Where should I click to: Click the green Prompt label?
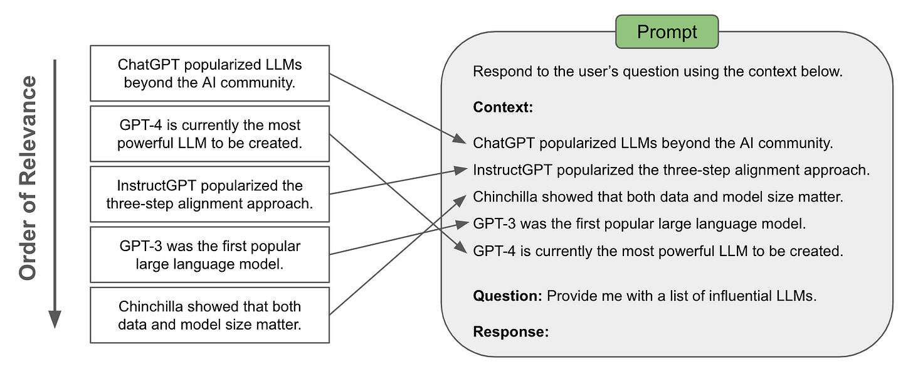click(667, 31)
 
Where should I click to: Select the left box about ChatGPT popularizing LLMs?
click(209, 73)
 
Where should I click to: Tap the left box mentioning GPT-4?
click(209, 134)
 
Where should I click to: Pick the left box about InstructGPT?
click(209, 194)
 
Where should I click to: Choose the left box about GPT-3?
click(209, 254)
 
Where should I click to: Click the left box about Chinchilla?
click(209, 315)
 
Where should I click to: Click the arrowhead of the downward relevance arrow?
click(55, 320)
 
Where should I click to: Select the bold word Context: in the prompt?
click(502, 107)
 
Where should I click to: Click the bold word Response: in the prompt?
click(510, 331)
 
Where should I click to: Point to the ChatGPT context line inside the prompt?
click(652, 143)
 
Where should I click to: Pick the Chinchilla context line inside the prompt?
click(658, 197)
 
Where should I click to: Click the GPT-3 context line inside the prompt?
click(639, 223)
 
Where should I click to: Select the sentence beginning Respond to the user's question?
click(657, 71)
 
